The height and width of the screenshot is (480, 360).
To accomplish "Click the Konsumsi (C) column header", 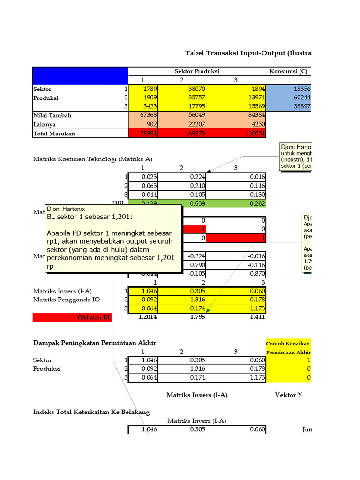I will (x=288, y=71).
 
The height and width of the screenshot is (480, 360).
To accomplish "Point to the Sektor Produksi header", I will (x=197, y=71).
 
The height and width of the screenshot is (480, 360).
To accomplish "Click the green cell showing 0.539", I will (x=197, y=203).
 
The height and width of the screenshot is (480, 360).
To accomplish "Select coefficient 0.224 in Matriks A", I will (x=197, y=177).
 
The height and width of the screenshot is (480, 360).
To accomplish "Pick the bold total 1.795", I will (x=197, y=317).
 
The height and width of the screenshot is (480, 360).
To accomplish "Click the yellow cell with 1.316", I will (x=197, y=300).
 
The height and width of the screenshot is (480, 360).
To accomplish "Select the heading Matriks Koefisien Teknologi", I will (x=93, y=159).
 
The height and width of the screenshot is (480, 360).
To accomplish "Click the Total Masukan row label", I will (x=54, y=134).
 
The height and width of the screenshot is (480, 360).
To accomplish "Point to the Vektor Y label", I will (x=288, y=395).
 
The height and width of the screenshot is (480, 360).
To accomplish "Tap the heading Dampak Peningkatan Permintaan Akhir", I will (x=94, y=343).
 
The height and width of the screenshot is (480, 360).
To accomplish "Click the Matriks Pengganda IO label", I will (x=66, y=300).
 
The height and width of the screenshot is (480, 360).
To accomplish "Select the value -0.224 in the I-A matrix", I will (x=197, y=256).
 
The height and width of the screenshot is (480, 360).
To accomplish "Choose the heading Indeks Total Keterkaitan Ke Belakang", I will (x=91, y=412).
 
